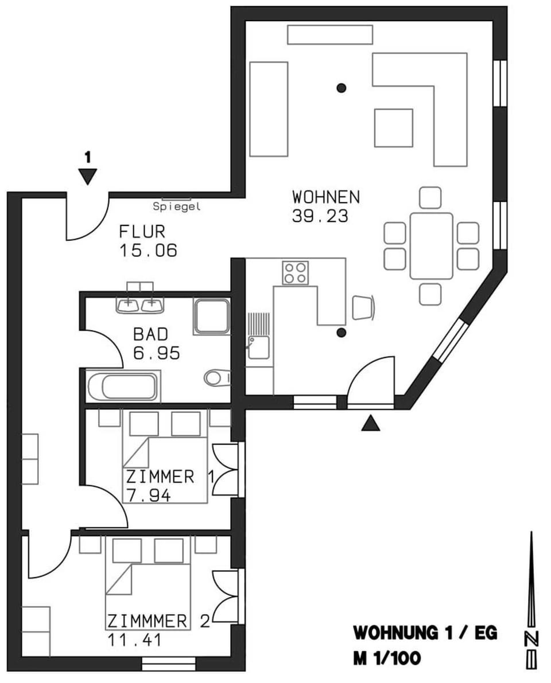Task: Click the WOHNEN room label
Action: pos(325,197)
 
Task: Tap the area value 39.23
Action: pos(320,216)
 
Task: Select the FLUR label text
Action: pos(142,232)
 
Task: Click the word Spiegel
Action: pos(177,207)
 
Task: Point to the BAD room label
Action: pos(151,333)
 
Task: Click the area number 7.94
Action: pos(148,495)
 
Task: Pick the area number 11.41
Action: pos(134,639)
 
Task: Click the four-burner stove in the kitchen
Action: pos(295,272)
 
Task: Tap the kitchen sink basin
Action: pos(258,348)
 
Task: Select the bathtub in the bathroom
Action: pos(123,387)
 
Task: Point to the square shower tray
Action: pos(211,315)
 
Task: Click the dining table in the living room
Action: pos(431,245)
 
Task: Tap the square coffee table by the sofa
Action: pos(393,128)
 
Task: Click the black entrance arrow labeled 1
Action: pos(87,177)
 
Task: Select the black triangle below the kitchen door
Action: pos(371,424)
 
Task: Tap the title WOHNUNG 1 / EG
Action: pos(425,634)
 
